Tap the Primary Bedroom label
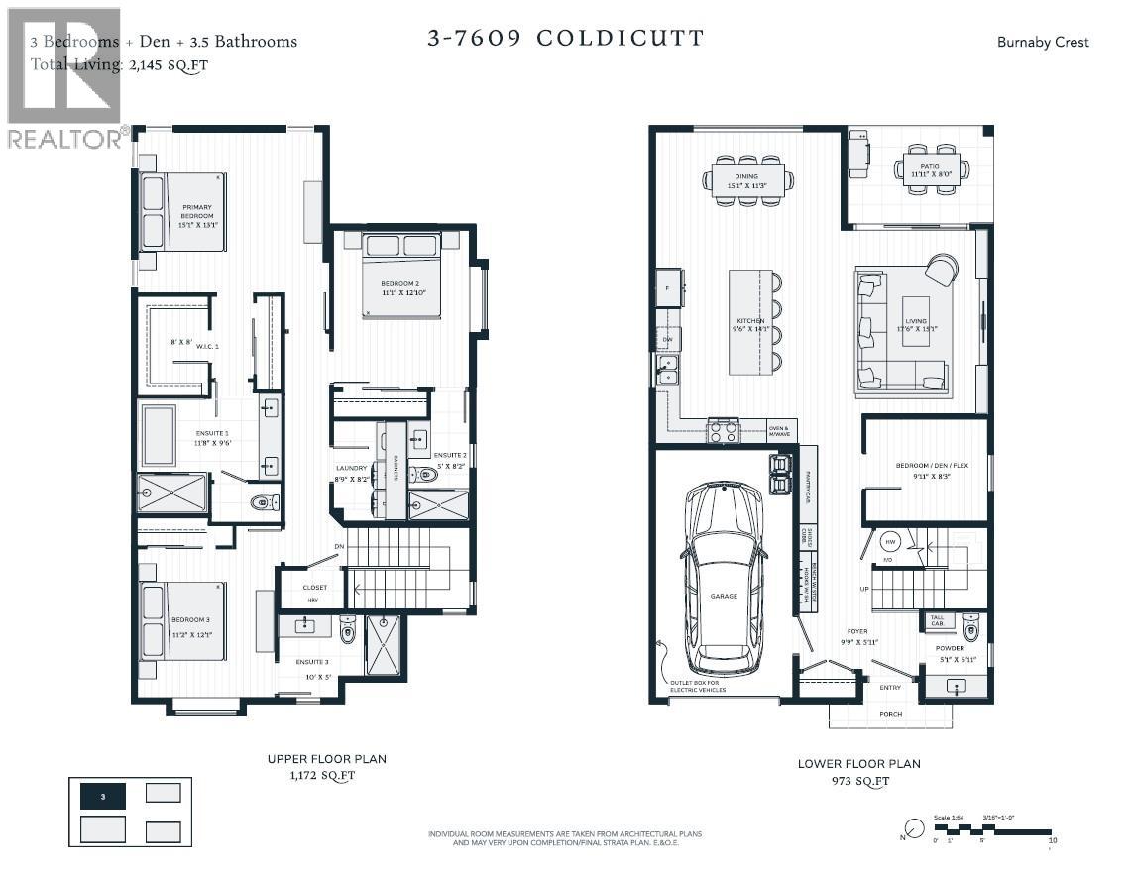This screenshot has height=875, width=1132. tap(197, 215)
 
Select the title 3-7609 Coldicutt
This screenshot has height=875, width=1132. tap(565, 39)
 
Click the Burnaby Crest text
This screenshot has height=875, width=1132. tap(1043, 42)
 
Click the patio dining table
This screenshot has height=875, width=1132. tap(931, 168)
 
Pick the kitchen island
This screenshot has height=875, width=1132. tap(750, 321)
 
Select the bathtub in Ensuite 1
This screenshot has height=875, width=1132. tap(159, 435)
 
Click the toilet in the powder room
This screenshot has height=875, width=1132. tap(970, 627)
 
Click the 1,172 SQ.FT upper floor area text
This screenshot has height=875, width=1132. tap(326, 777)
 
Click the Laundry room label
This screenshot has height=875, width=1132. tap(352, 469)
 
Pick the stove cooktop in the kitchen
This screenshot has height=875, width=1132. tap(722, 429)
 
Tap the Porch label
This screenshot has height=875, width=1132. tap(890, 714)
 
